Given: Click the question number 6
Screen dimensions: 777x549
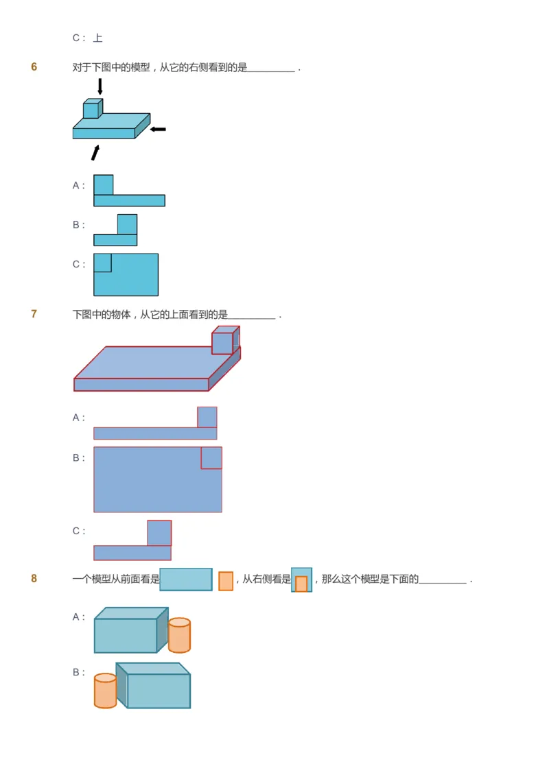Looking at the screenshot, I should (x=34, y=67).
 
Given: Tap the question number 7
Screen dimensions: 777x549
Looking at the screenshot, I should (x=34, y=314).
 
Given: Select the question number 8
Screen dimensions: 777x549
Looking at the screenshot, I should (x=34, y=579).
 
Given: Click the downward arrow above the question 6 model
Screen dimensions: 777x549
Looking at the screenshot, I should (x=100, y=86).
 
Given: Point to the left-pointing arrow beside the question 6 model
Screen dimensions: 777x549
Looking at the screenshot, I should (x=158, y=129).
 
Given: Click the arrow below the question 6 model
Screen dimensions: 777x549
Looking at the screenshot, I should (x=95, y=152).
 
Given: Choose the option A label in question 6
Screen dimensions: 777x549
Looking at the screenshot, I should (x=76, y=185).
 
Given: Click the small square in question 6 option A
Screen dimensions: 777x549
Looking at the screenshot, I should (x=104, y=185).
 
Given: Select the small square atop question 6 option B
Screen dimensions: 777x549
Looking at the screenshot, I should (x=127, y=224).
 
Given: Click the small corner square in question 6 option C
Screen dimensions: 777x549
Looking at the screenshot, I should (x=102, y=263).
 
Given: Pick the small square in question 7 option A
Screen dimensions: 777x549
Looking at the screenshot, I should (x=207, y=417).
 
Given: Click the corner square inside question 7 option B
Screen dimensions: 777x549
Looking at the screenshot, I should (x=211, y=458).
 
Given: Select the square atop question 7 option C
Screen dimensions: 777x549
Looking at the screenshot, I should (x=159, y=533).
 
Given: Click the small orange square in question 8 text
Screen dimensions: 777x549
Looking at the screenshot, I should (x=226, y=581).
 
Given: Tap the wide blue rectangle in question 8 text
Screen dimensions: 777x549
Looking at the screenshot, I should (x=186, y=579).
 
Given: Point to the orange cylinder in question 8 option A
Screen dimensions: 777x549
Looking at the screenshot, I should (x=179, y=636).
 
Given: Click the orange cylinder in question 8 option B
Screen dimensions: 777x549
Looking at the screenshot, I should (x=105, y=691).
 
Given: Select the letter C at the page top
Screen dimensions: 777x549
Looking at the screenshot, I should (x=76, y=38).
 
